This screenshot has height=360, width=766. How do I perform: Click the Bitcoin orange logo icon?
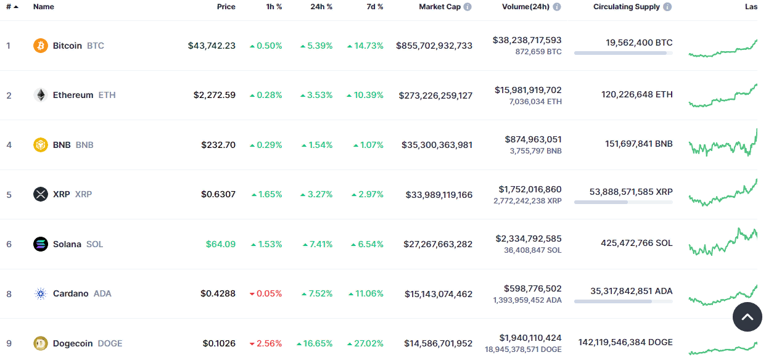tap(40, 46)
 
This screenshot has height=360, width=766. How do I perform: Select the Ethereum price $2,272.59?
tap(214, 96)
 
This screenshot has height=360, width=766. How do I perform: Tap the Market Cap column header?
tap(440, 7)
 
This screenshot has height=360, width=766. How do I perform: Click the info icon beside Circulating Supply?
tap(667, 7)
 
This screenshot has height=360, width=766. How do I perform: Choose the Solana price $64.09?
tap(221, 244)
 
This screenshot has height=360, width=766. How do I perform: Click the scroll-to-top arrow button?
tap(747, 317)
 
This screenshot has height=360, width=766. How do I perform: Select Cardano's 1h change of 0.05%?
tap(266, 293)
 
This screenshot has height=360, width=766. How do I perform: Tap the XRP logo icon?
tap(40, 194)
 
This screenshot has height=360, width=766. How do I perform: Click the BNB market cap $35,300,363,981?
tap(437, 145)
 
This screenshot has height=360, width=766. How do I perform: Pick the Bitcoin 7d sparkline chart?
tap(723, 49)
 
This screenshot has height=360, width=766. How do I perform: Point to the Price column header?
tap(226, 7)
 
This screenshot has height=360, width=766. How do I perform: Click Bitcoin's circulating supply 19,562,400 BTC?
tap(639, 43)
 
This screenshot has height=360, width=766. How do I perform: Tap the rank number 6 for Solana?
tap(9, 244)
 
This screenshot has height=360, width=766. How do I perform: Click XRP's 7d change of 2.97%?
tap(367, 195)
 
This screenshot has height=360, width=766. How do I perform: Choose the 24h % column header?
tap(321, 7)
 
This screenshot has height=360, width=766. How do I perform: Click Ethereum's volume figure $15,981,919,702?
tap(528, 90)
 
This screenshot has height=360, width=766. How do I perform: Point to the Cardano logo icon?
tap(40, 293)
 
